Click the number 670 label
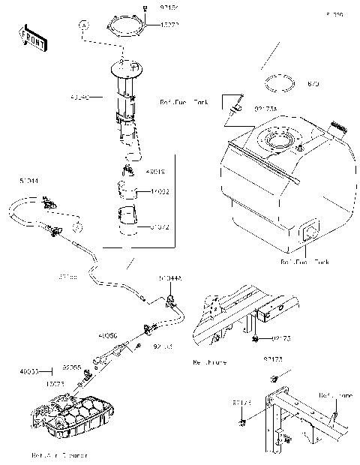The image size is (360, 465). (x=313, y=84)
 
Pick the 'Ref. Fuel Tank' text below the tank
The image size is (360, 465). (x=304, y=262)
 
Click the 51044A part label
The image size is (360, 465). (x=169, y=278)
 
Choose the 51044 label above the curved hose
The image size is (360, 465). (x=29, y=181)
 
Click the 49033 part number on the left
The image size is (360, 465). (x=28, y=371)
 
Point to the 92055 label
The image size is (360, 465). (x=72, y=368)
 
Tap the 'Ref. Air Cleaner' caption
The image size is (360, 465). (x=59, y=454)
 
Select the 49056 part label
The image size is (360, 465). (x=107, y=337)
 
